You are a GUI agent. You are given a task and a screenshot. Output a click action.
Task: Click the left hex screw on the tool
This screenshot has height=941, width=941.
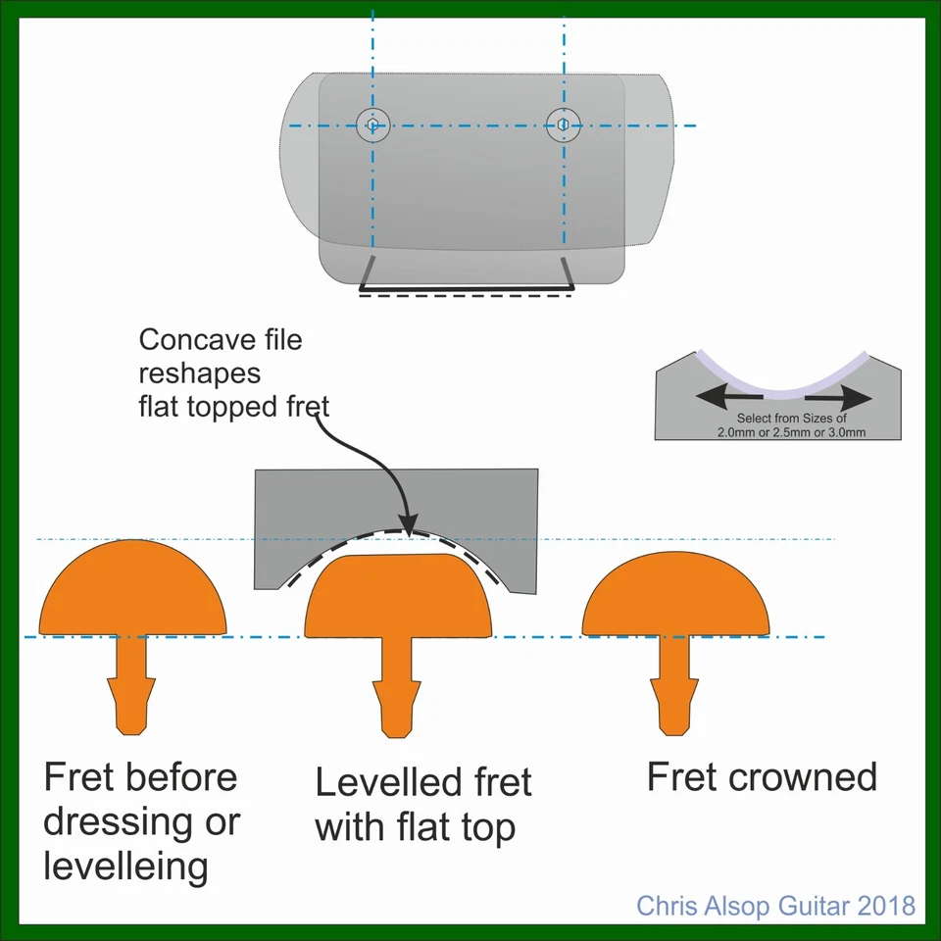point(372,124)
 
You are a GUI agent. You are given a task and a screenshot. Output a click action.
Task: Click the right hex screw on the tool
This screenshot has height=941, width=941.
point(563,124)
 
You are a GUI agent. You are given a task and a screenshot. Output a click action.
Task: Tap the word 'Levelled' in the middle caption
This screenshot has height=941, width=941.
point(381,783)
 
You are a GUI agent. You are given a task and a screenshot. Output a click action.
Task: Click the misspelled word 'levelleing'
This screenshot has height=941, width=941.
point(125,867)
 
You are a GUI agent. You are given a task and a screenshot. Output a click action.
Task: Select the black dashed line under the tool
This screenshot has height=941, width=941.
point(466,297)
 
